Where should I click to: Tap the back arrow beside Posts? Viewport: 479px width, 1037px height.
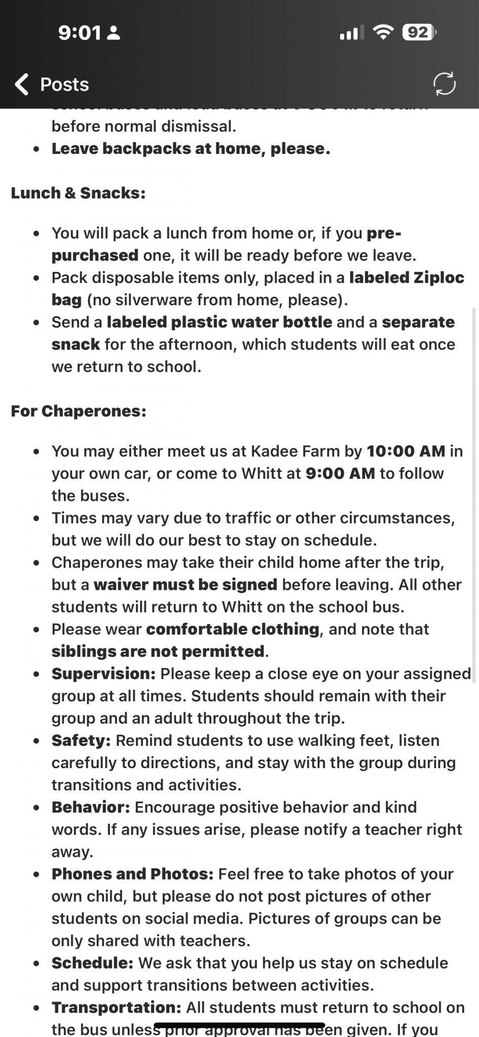[22, 84]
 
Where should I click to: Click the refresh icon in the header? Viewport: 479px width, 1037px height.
[445, 84]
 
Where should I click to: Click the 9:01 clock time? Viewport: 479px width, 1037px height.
[80, 33]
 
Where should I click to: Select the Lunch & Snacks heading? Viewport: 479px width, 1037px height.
[78, 193]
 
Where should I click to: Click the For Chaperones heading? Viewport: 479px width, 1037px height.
[79, 411]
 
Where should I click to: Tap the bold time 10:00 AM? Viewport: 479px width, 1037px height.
[406, 451]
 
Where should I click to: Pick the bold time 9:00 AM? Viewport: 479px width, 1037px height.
[340, 473]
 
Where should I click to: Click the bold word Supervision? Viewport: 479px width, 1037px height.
[103, 673]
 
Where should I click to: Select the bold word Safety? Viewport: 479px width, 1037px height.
[81, 740]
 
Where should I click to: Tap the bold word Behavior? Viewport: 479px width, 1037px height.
[91, 807]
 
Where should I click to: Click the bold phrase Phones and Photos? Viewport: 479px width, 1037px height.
[132, 874]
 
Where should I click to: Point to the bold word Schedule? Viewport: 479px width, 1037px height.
[92, 963]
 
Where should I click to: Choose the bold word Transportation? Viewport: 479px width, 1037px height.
[116, 1008]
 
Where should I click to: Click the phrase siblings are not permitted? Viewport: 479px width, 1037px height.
[158, 651]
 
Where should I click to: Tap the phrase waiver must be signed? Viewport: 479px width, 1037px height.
[186, 584]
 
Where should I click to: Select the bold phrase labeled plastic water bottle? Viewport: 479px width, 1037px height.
[219, 322]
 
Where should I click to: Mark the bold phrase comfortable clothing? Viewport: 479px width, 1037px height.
[233, 629]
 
